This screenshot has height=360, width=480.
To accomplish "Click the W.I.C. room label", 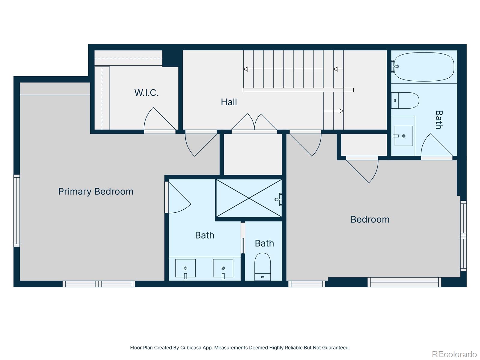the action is coord(146,93).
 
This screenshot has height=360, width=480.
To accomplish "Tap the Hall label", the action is coord(229,102).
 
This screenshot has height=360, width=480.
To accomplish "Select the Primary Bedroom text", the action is coord(96,191).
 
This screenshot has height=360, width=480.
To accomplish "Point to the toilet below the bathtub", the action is coord(405,100).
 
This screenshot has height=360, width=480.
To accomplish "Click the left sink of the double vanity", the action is coord(185,268).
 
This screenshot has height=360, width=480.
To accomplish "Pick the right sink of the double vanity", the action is coord(223,268).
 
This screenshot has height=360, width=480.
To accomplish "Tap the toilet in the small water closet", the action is coord(262,267).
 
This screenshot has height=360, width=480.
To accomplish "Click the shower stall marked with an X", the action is coord(249,198).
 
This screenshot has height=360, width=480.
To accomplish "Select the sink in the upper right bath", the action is coord(403,136).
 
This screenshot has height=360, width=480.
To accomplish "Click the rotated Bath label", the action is coord(439,119).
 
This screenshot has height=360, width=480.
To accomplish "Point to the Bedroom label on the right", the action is coord(370,220).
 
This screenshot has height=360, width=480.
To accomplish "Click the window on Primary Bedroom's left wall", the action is coord(17,211).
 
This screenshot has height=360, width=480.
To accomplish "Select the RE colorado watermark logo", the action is coord(454,354).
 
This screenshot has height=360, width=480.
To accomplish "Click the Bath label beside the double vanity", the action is coord(205,235).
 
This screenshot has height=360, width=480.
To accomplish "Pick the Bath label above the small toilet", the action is coord(264,243).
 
